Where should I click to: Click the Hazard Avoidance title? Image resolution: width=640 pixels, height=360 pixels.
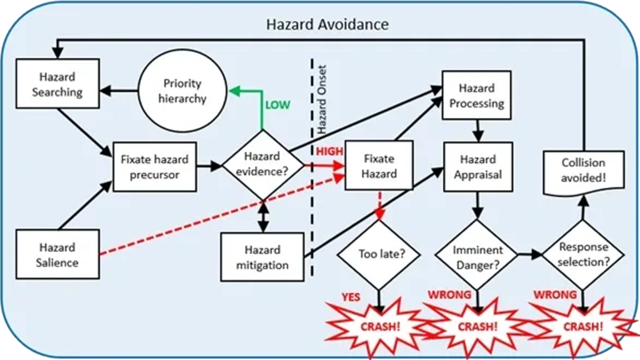pos(327,24)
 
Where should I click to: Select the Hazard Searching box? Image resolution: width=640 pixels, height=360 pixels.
pos(57,84)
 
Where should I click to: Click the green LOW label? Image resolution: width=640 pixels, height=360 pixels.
pos(277,105)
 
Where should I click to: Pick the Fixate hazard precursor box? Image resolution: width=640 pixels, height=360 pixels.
pos(154,167)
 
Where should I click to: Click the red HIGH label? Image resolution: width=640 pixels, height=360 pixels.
pos(329,152)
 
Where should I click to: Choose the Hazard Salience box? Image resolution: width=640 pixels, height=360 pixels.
pos(57,254)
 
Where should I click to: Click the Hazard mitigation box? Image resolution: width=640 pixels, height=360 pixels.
pos(262,257)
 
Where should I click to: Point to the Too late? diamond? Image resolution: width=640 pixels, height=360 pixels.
pos(379,255)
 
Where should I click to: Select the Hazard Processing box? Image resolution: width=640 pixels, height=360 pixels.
pos(477,96)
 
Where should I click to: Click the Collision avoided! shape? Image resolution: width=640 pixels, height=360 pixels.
pos(583,171)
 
